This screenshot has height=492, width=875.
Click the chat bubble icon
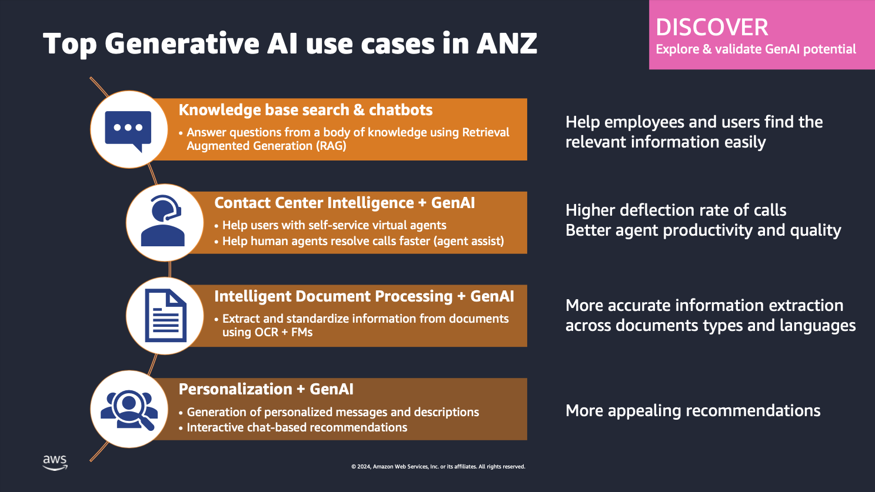[128, 130]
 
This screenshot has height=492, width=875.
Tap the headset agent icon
[164, 222]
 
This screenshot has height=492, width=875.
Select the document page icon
[165, 316]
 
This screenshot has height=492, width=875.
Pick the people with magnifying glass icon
[129, 409]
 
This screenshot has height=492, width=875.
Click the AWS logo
[55, 462]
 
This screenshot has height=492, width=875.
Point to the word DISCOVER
[711, 28]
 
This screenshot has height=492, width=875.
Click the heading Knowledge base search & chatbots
[305, 110]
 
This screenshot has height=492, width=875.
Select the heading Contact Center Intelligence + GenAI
[344, 203]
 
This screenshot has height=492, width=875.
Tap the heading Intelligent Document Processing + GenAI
[364, 296]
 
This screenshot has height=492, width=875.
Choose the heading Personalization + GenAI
[266, 389]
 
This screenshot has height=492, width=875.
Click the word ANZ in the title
[506, 43]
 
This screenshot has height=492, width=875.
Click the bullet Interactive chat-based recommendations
[297, 427]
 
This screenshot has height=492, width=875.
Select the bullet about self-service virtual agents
[334, 225]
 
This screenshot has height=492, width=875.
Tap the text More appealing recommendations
[693, 410]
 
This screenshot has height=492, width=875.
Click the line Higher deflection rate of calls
[676, 210]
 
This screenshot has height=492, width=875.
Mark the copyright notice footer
[438, 467]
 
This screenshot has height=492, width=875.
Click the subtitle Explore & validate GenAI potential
[756, 49]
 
